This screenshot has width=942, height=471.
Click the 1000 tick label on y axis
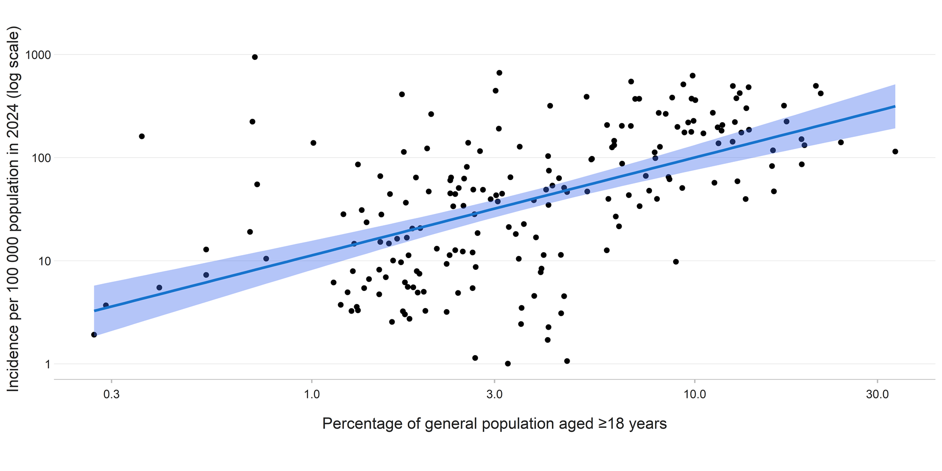tap(38, 55)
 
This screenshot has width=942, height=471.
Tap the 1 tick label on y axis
tap(47, 364)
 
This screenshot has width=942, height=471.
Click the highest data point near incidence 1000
tap(255, 57)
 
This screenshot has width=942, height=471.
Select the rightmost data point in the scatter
tap(895, 152)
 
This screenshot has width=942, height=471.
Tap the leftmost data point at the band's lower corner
tap(94, 335)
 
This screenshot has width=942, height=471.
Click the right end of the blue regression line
tap(894, 106)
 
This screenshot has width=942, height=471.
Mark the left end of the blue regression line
tap(95, 311)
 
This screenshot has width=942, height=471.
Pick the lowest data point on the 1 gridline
tap(508, 364)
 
